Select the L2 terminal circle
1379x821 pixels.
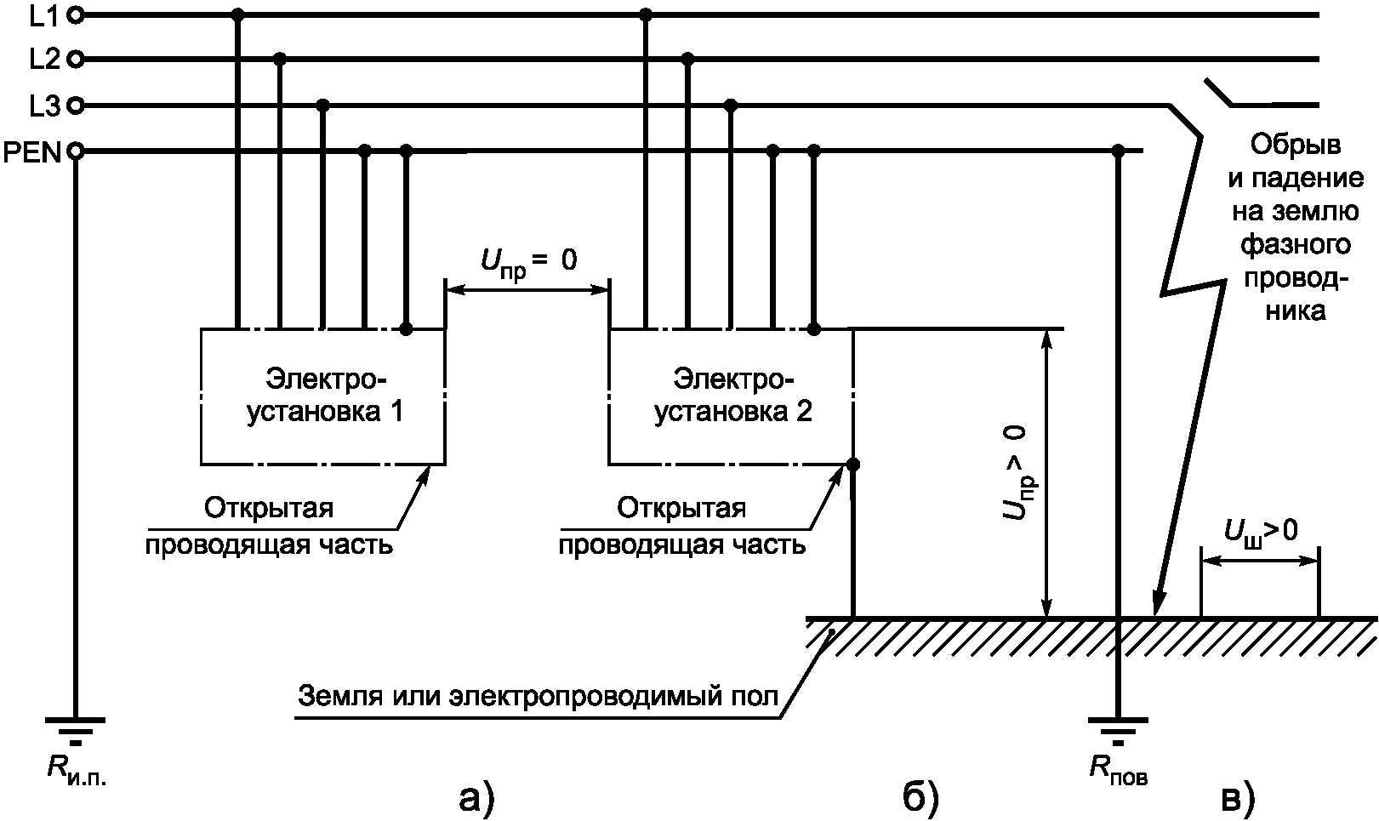(75, 60)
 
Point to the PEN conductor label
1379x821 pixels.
(32, 153)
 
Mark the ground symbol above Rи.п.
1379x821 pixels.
(76, 728)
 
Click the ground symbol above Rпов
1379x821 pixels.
(1119, 728)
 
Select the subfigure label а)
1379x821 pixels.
(476, 797)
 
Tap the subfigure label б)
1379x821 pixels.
(920, 797)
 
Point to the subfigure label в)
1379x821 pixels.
(1237, 797)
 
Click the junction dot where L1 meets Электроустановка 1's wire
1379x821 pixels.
(237, 14)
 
